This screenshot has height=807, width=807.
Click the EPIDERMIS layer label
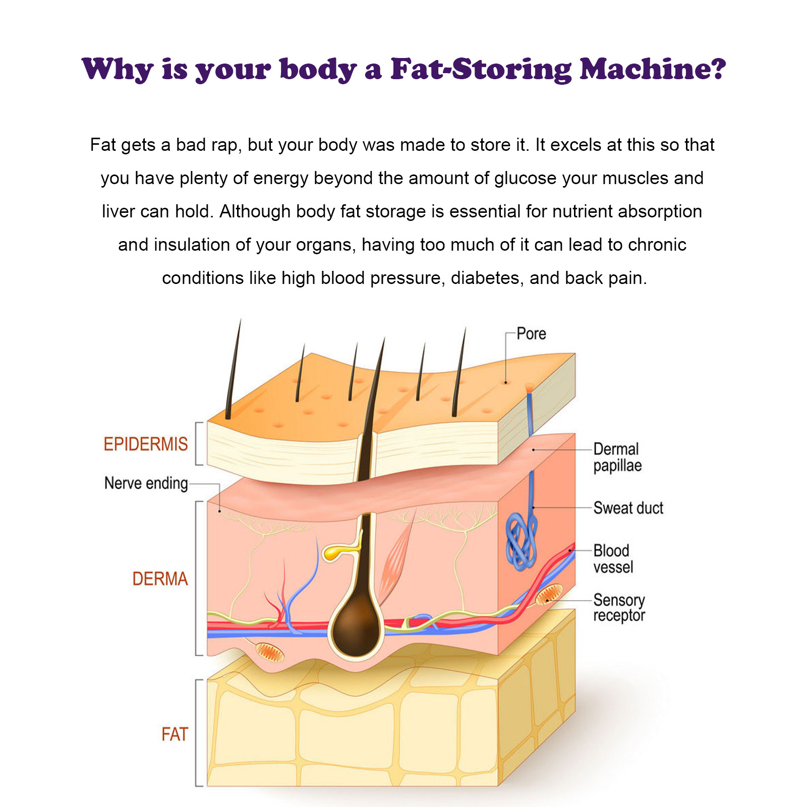(x=145, y=444)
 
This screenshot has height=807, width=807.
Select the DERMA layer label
(x=160, y=579)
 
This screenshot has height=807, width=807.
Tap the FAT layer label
(x=175, y=734)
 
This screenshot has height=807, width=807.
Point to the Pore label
(x=531, y=334)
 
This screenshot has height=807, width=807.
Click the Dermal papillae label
(x=617, y=457)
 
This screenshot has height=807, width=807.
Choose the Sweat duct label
(x=628, y=508)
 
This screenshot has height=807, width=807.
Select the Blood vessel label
(x=613, y=559)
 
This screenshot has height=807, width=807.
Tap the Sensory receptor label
(x=619, y=608)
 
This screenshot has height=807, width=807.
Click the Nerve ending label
(x=146, y=483)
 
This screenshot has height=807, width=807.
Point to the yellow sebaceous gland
(x=335, y=552)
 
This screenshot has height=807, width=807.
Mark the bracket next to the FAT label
(x=198, y=732)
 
